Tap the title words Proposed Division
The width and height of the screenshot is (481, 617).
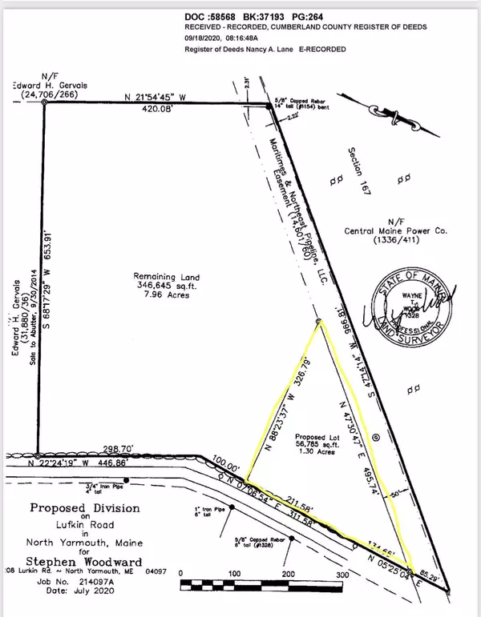(x=85, y=508)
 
